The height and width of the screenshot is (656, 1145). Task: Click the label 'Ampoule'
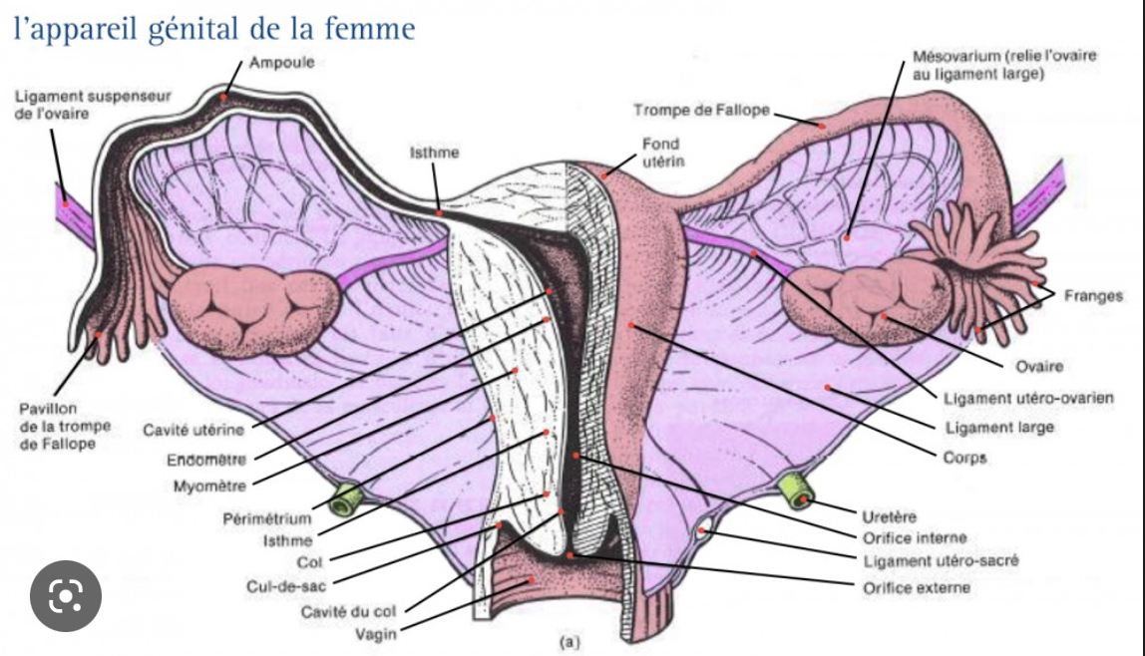pos(281,62)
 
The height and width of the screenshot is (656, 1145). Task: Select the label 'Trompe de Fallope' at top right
pos(701,110)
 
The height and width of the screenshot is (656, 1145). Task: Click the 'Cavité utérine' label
pos(193,431)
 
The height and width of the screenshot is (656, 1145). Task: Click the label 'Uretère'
pos(889,516)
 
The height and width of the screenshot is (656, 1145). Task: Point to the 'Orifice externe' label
pos(916,587)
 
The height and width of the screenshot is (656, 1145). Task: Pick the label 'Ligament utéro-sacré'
pos(941,561)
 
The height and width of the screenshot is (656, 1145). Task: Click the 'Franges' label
pos(1093,295)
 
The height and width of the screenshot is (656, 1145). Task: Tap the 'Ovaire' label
pos(1039,367)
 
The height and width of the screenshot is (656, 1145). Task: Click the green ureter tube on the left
pos(346,498)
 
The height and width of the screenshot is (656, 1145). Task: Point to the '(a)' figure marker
pos(571,642)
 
